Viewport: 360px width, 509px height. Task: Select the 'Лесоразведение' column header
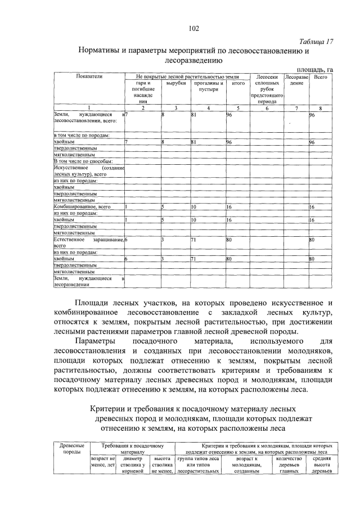coord(296,79)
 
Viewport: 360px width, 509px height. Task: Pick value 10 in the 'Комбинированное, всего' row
coord(194,207)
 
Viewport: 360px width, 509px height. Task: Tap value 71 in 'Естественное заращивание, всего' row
coord(193,240)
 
